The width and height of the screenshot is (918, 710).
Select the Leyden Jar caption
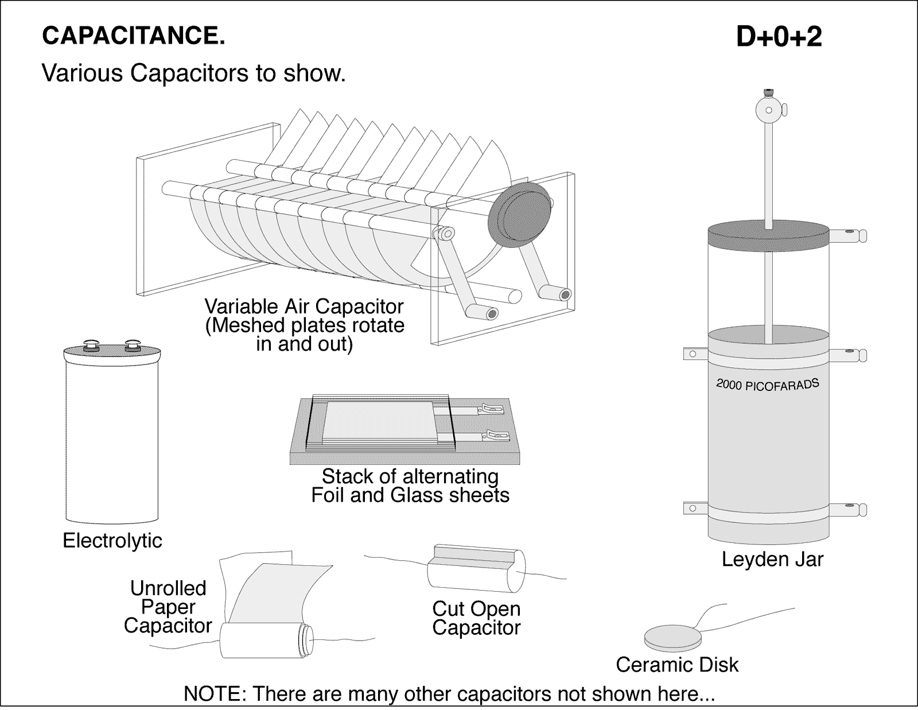(x=772, y=559)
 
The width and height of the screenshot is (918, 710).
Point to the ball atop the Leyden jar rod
(x=767, y=108)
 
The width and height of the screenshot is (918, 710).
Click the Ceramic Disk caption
(x=677, y=665)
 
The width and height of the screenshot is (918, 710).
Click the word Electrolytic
(x=112, y=540)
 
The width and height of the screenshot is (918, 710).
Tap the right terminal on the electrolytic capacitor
(x=133, y=344)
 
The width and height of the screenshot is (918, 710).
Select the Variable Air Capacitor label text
(x=304, y=306)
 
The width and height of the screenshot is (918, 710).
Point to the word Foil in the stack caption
(x=328, y=495)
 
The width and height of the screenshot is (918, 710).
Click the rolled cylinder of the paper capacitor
(x=264, y=642)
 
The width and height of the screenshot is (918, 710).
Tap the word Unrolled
(x=168, y=588)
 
